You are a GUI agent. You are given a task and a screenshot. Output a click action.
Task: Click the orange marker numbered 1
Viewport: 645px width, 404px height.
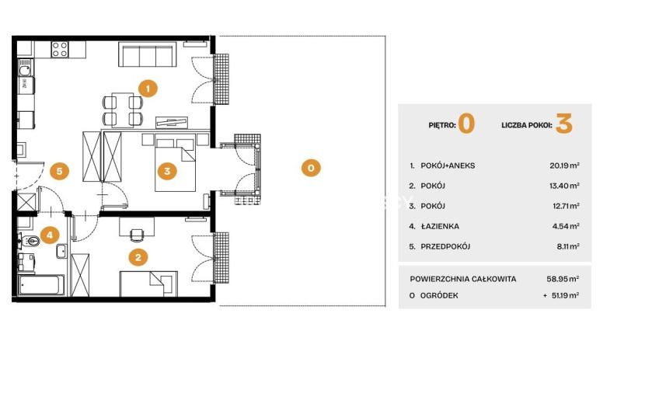pyautogui.click(x=148, y=88)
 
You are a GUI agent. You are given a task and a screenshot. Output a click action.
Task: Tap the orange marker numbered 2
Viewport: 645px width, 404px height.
pyautogui.click(x=138, y=257)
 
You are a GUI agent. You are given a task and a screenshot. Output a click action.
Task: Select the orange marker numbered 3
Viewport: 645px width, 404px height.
pyautogui.click(x=167, y=171)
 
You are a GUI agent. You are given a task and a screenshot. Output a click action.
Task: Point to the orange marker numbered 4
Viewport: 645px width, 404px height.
pyautogui.click(x=50, y=235)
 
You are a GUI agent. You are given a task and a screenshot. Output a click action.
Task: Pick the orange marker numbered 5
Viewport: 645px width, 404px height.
pyautogui.click(x=60, y=171)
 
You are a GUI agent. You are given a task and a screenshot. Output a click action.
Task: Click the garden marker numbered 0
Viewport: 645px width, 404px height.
pyautogui.click(x=311, y=168)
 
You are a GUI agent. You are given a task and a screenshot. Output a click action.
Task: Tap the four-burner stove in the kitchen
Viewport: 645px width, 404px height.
pyautogui.click(x=60, y=50)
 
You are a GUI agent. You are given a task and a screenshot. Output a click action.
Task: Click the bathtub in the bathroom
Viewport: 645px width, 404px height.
pyautogui.click(x=41, y=284)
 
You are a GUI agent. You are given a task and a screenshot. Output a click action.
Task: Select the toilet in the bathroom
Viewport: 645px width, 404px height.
pyautogui.click(x=30, y=241)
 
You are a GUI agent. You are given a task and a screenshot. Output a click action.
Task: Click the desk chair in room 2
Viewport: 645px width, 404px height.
pyautogui.click(x=137, y=235)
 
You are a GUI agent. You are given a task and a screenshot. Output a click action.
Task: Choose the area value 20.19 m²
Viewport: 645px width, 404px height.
pyautogui.click(x=564, y=165)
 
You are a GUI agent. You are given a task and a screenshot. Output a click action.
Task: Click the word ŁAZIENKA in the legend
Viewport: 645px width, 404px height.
pyautogui.click(x=440, y=226)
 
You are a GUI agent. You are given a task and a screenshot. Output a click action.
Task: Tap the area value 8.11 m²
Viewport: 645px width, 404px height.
pyautogui.click(x=568, y=246)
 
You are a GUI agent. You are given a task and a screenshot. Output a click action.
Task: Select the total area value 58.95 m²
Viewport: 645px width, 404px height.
pyautogui.click(x=563, y=279)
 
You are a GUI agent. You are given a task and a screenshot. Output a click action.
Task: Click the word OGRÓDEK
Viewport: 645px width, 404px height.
pyautogui.click(x=439, y=295)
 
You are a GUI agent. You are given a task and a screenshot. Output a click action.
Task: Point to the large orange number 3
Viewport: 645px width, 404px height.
pyautogui.click(x=564, y=124)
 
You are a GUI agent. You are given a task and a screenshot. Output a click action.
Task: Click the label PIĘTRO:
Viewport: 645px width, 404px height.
pyautogui.click(x=442, y=125)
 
